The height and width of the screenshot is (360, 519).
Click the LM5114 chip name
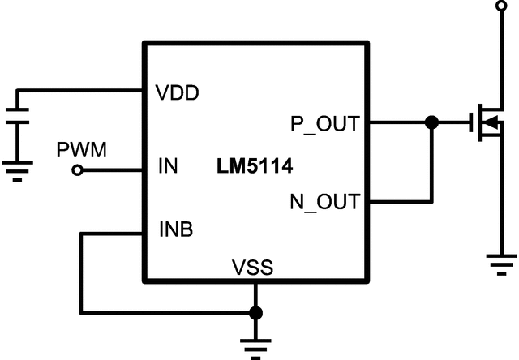(255, 168)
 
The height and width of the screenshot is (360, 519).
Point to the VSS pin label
(252, 267)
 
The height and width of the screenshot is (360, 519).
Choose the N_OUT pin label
(324, 201)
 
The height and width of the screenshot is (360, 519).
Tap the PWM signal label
(78, 150)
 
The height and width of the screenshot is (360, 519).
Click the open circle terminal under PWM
(78, 170)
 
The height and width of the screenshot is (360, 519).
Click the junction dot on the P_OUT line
(431, 123)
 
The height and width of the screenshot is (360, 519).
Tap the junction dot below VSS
(255, 312)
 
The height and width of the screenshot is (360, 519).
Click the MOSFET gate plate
(474, 124)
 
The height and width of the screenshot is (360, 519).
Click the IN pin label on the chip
(167, 169)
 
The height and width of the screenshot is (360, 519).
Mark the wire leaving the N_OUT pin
(397, 201)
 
